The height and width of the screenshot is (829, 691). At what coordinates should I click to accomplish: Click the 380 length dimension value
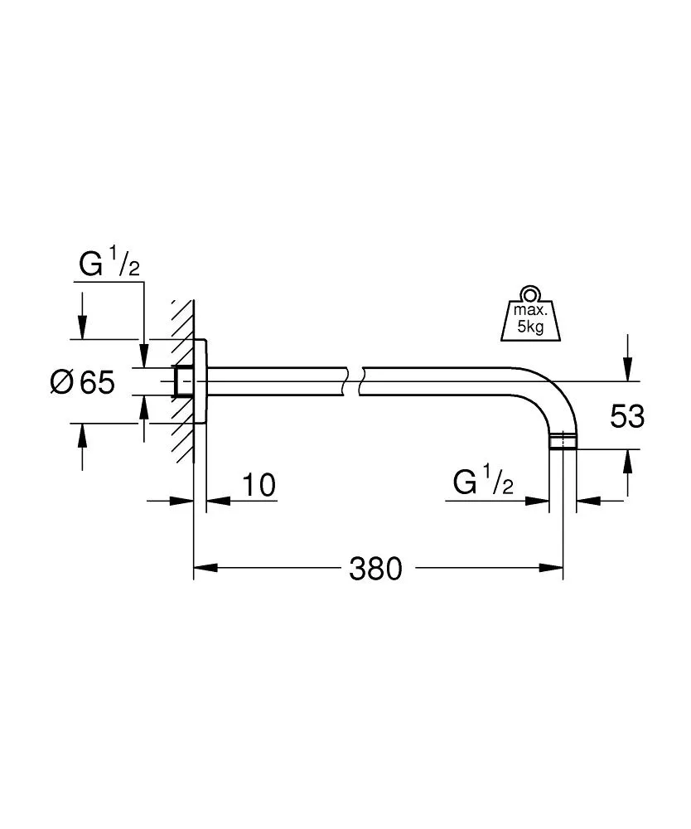[374, 569]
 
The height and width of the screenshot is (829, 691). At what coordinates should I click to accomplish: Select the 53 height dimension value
[627, 416]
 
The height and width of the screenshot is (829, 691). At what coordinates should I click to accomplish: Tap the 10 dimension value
[259, 485]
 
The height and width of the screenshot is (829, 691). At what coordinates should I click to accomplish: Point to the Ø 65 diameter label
[81, 382]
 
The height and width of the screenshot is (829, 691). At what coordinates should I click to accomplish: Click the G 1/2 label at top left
[109, 264]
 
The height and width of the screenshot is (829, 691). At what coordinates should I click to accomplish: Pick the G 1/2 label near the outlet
[484, 483]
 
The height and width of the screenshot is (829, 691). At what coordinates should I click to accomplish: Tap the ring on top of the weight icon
[529, 294]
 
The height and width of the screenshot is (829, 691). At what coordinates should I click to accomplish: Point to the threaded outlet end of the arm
[563, 441]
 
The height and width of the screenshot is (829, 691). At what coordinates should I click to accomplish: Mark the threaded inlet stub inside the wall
[183, 381]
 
